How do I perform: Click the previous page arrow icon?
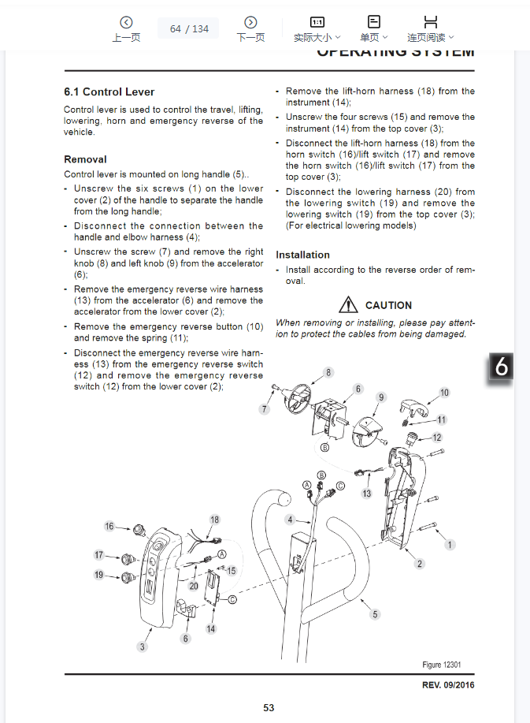[126, 23]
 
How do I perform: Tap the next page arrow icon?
[250, 23]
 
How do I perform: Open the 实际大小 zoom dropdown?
[317, 29]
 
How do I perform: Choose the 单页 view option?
[373, 29]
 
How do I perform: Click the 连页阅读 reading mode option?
[431, 29]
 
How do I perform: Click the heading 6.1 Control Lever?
[109, 92]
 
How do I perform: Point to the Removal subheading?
[85, 159]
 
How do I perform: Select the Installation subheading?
[302, 255]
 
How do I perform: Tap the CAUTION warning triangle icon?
[348, 304]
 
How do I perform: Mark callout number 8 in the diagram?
[328, 372]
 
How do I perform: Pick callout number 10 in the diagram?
[444, 393]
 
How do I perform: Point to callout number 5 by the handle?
[375, 614]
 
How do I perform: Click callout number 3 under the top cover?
[143, 647]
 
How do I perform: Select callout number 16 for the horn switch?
[109, 527]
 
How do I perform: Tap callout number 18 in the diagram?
[214, 520]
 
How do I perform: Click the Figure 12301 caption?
[442, 665]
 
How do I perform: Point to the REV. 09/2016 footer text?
[448, 684]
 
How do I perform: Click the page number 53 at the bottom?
[269, 708]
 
